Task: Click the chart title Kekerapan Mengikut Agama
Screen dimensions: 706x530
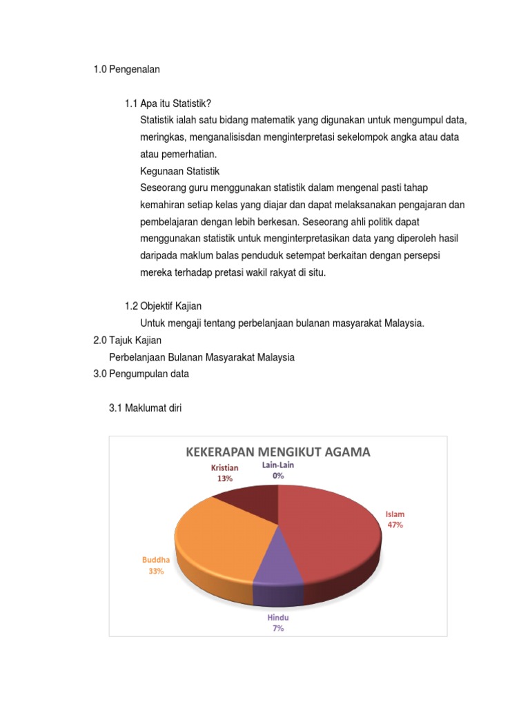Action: [277, 452]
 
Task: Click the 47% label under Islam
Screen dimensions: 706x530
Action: [395, 525]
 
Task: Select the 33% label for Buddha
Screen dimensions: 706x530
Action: [156, 571]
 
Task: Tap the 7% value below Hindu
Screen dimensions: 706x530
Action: [277, 628]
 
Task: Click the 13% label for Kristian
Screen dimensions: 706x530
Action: [225, 478]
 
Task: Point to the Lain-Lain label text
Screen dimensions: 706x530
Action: [277, 465]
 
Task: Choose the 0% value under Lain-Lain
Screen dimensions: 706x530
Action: [277, 476]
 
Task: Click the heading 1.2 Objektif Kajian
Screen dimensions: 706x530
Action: [163, 306]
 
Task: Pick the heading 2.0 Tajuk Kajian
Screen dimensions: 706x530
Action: [127, 340]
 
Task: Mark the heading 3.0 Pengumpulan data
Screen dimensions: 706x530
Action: [141, 374]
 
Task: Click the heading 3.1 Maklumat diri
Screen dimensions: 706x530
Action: [146, 407]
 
